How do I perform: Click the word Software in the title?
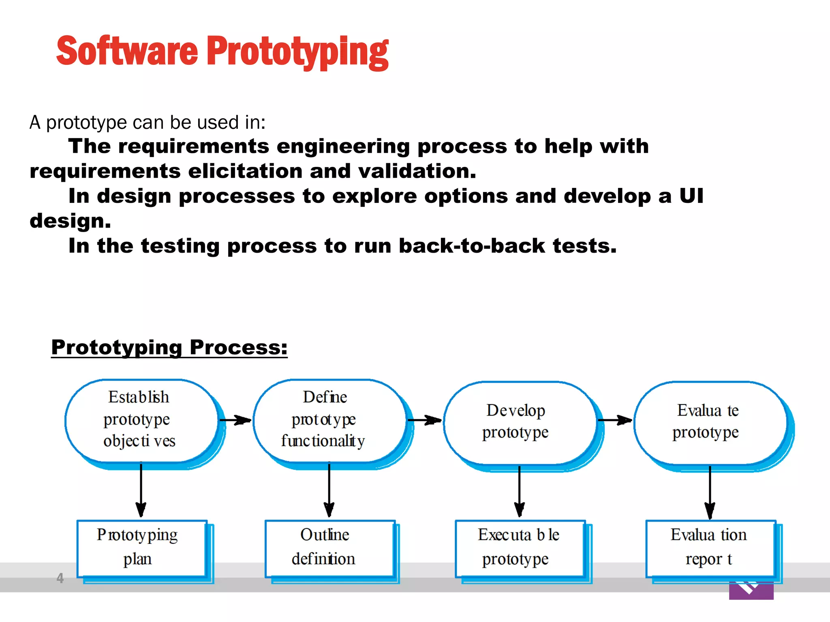127,51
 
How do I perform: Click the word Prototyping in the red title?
298,51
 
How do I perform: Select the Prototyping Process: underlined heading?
169,347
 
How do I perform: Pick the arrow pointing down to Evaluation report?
710,492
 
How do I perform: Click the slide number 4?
60,578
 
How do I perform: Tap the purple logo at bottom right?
751,590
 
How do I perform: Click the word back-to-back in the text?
472,246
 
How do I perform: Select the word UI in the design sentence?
691,196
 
